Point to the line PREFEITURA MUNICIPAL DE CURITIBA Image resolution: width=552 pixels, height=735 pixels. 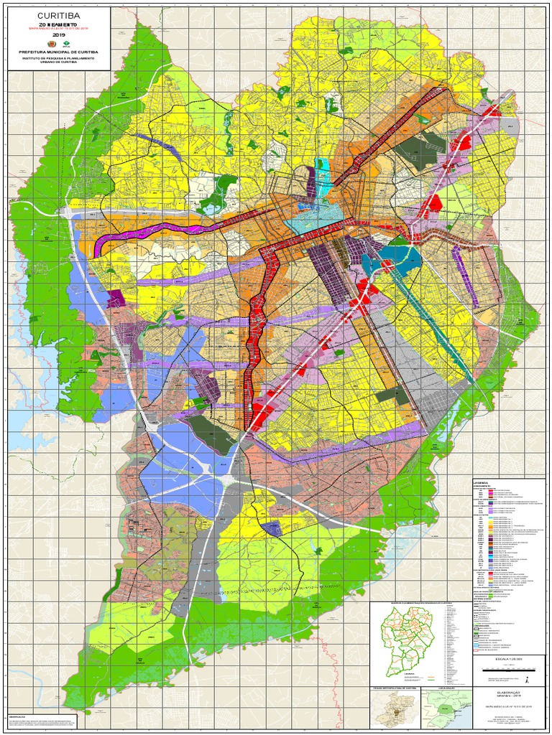tap(58, 52)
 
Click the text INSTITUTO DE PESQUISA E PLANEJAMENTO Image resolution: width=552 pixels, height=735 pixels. tap(58, 58)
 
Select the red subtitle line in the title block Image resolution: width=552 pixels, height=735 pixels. tap(58, 29)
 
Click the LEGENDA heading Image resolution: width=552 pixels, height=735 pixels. tap(481, 482)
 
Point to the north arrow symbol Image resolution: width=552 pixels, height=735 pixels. tap(528, 678)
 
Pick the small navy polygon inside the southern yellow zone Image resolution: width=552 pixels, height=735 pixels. tap(271, 529)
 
